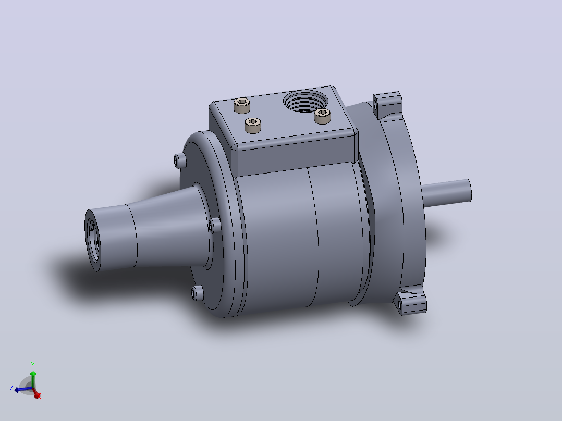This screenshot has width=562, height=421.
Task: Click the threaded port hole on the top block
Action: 306,100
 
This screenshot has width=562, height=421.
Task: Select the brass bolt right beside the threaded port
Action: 322,116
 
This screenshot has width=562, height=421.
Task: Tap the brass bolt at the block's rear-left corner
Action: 242,105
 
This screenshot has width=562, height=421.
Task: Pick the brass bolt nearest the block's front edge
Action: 253,126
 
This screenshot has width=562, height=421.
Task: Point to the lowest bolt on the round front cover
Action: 197,293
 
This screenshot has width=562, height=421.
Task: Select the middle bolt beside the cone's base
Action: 214,226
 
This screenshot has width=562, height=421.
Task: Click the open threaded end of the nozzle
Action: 93,240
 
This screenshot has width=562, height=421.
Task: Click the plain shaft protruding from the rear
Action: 447,193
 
